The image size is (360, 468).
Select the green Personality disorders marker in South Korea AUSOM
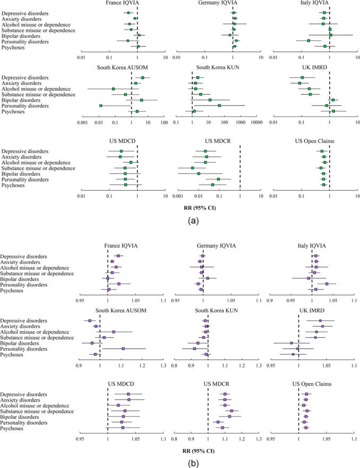point(100,106)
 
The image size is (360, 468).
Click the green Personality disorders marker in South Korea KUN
point(219,106)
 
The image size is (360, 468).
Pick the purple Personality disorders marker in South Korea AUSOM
point(123,348)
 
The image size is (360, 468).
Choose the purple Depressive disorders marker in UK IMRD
point(320,321)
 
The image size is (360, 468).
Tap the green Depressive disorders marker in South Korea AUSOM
point(142,78)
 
